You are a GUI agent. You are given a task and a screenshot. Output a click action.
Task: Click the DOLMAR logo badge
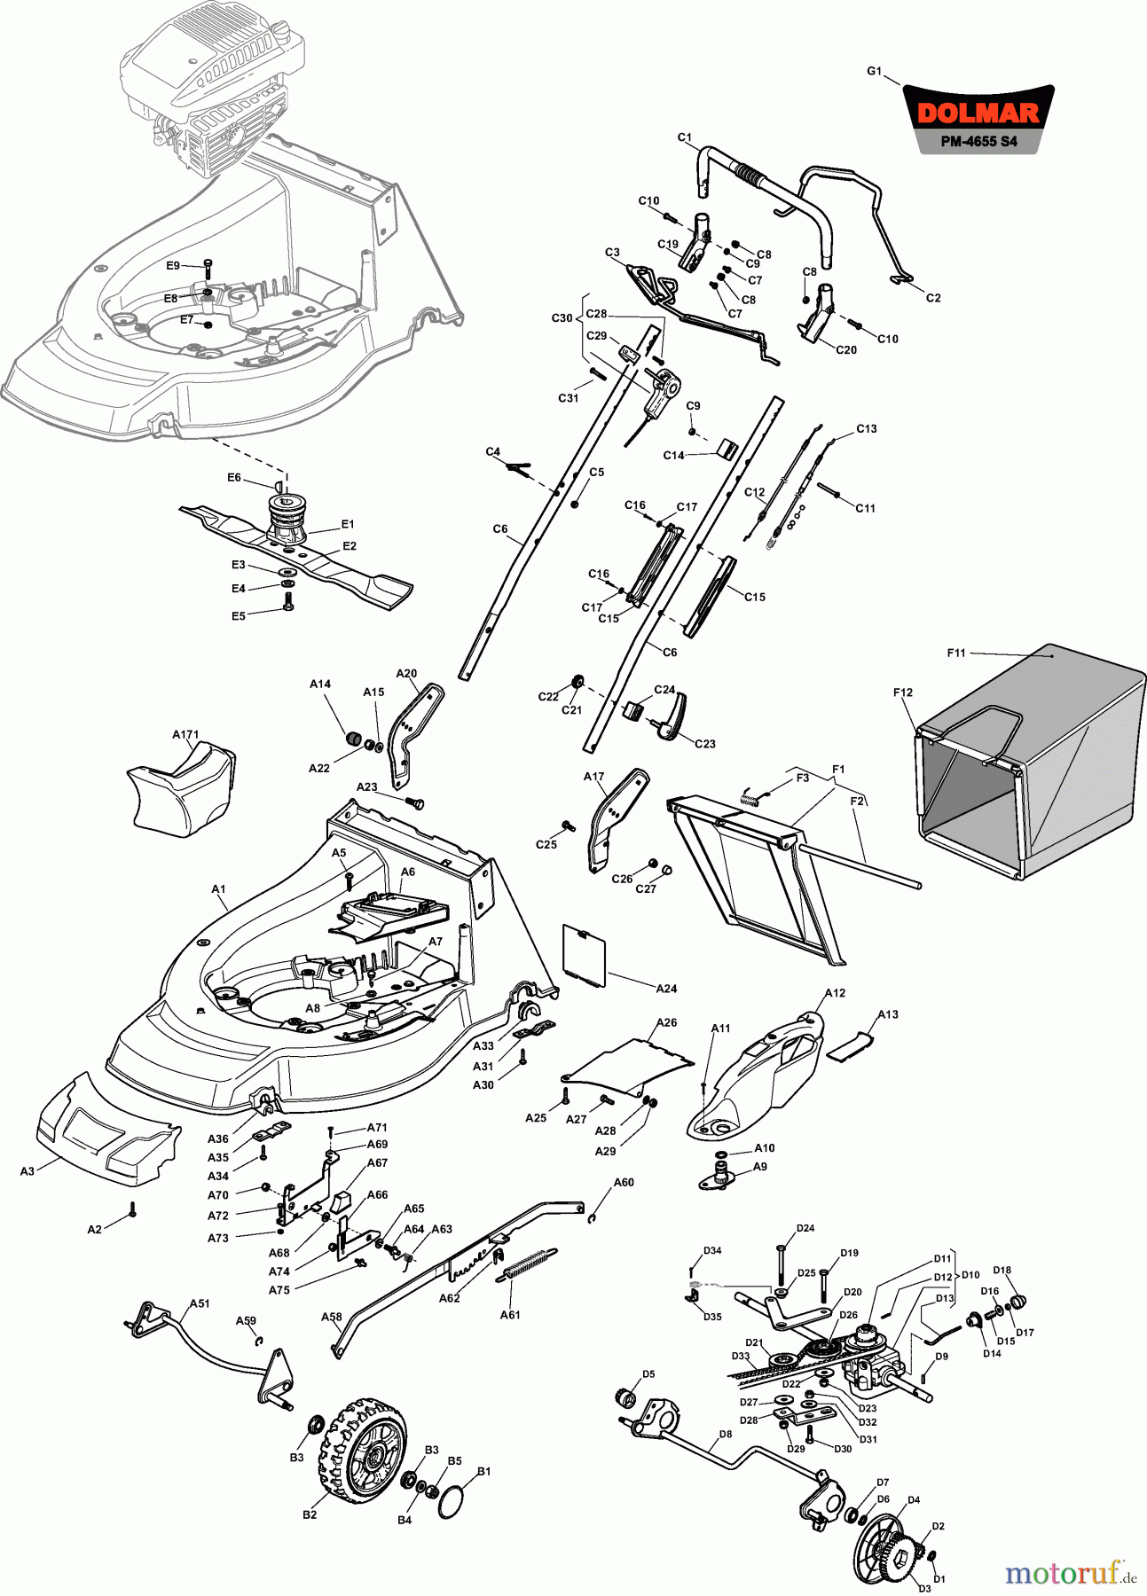click(978, 113)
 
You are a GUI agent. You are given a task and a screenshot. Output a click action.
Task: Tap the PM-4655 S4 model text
click(978, 142)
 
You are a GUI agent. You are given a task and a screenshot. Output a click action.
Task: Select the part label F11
click(955, 653)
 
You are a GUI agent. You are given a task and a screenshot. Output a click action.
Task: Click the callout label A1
click(218, 888)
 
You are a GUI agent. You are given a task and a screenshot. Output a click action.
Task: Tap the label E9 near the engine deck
click(173, 265)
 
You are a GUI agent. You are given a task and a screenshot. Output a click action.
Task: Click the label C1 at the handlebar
click(684, 137)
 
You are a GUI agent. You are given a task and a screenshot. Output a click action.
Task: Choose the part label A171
click(185, 735)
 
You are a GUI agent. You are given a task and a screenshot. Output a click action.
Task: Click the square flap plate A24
click(585, 953)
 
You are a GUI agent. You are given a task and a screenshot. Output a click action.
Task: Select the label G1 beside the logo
click(874, 71)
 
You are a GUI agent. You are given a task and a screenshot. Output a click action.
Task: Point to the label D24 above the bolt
click(805, 1228)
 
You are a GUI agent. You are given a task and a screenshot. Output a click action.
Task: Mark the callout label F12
click(902, 692)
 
